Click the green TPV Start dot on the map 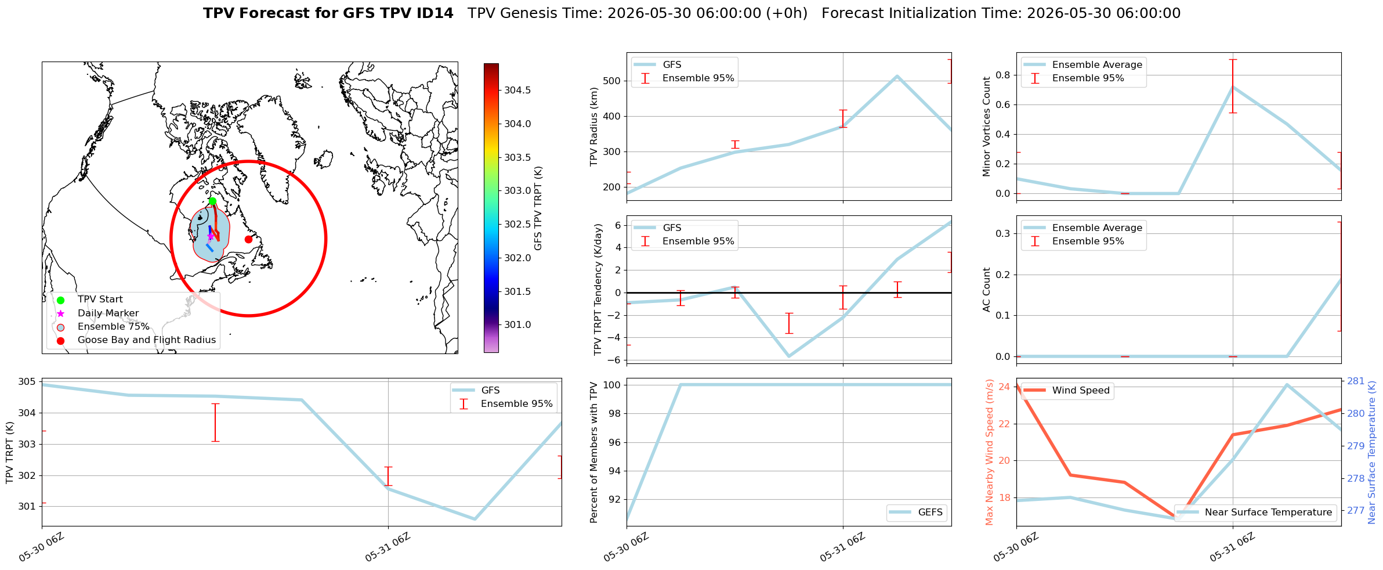(212, 201)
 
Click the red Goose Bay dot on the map (248, 239)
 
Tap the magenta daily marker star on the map (211, 236)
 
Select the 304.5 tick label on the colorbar (517, 90)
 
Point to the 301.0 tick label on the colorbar (517, 324)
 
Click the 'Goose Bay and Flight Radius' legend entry (147, 340)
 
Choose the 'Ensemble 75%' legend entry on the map (114, 327)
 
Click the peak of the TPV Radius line (897, 76)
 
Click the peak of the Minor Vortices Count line (1233, 86)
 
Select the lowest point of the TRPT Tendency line (789, 356)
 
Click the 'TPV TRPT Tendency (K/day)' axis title (599, 290)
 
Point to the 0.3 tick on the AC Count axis (1004, 233)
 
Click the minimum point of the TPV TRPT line (475, 519)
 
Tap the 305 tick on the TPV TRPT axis (28, 382)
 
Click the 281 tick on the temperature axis (1356, 381)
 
